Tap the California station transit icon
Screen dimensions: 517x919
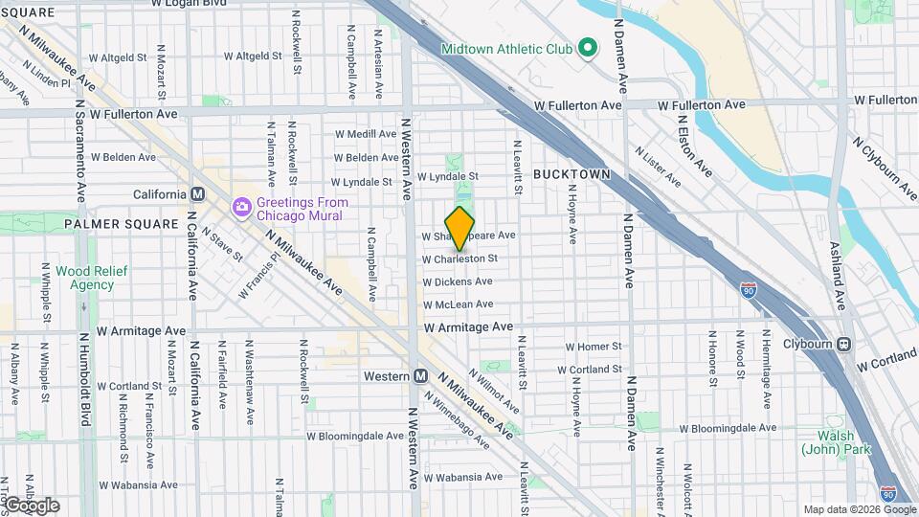[198, 193]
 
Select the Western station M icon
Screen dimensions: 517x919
[420, 376]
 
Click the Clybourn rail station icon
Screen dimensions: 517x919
[843, 345]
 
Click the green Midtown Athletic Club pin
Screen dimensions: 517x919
[589, 48]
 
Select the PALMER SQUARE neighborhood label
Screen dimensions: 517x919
[108, 224]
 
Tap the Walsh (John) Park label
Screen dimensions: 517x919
[828, 442]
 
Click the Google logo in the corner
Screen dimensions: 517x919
[32, 506]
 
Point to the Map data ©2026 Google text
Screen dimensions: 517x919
[858, 509]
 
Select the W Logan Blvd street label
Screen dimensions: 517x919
[190, 4]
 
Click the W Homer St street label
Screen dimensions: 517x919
[594, 347]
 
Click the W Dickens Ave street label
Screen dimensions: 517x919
[457, 281]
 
